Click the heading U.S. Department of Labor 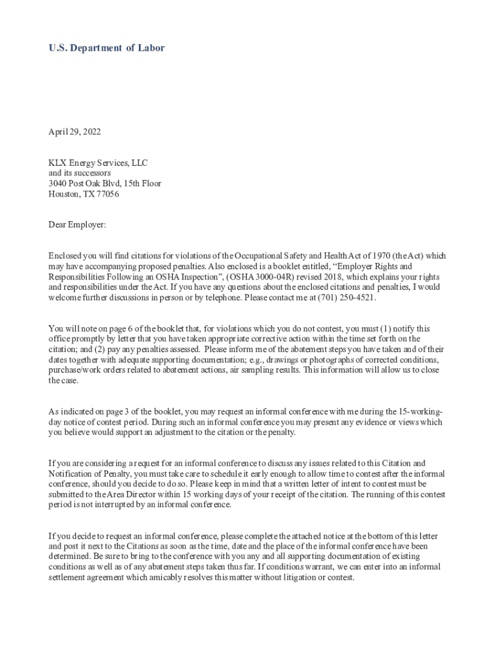tap(107, 48)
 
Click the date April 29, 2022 tap(75, 132)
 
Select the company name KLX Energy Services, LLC tap(98, 163)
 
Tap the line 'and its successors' tap(80, 173)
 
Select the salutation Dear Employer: tap(77, 225)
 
